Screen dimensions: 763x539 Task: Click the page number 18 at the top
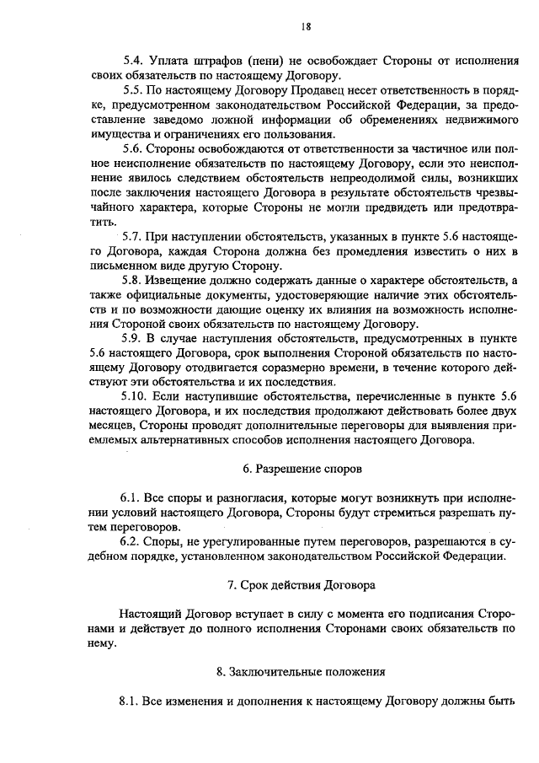click(305, 26)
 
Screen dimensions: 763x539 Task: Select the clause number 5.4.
click(133, 61)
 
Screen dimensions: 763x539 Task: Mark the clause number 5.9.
click(133, 340)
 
